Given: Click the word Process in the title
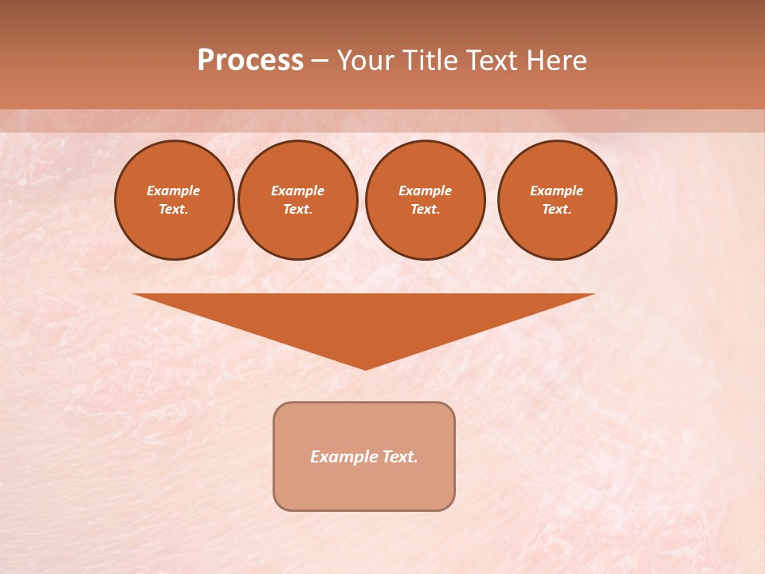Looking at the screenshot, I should coord(250,61).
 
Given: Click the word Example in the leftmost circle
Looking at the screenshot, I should coord(174,191).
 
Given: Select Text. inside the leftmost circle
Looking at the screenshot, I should coord(174,209).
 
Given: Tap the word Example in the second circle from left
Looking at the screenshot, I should coord(297,191).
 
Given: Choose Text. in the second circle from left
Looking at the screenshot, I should coord(297,209).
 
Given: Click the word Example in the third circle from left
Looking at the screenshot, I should coord(425,191).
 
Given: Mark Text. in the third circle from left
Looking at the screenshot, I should coord(425,209).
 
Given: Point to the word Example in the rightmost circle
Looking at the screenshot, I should coord(556,191).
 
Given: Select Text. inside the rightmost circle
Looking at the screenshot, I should coord(556,209).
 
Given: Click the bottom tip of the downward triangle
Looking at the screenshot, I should coord(365,368).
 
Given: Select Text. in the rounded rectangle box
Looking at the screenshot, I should coord(398,457).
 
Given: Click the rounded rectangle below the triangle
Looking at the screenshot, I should coord(364,486).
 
